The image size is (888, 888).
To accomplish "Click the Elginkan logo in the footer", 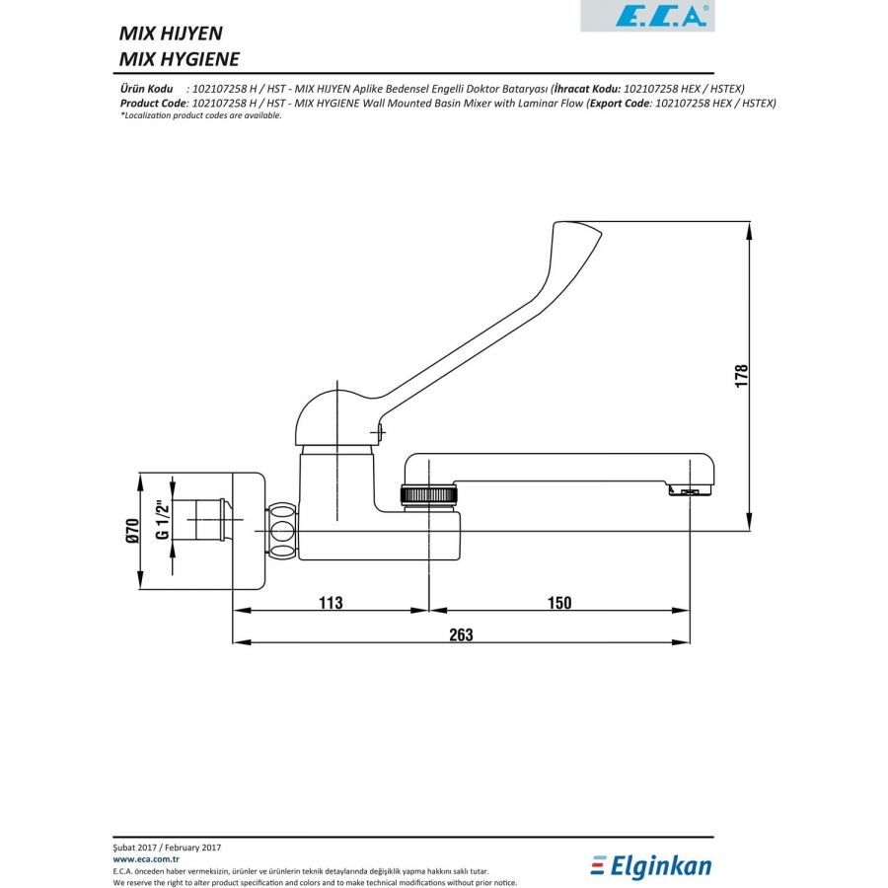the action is (651, 866).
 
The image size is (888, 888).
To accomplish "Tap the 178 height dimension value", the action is (741, 376).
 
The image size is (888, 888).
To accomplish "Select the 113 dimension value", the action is (331, 602).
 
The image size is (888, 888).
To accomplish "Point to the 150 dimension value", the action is (559, 602).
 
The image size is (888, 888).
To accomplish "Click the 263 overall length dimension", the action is (461, 634).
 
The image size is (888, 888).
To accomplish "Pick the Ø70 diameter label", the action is (132, 531).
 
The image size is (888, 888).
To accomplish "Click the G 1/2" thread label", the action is (163, 519).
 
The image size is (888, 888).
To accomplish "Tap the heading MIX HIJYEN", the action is (171, 34).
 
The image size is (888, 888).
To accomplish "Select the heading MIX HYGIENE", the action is (180, 59).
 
